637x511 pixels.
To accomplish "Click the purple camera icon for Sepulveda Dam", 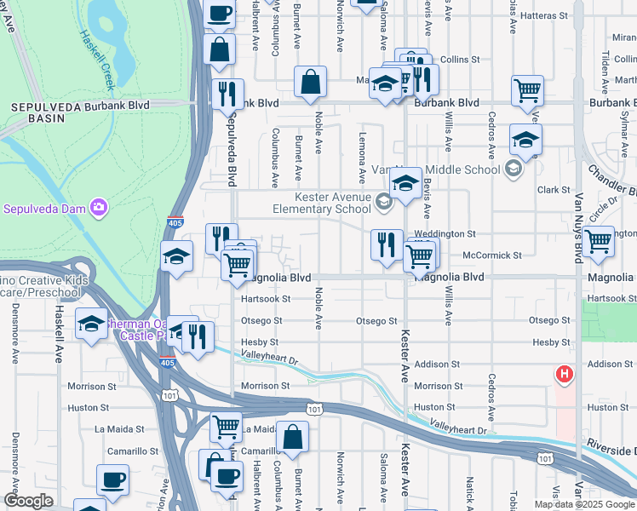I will [100, 208].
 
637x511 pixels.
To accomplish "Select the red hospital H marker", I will [563, 373].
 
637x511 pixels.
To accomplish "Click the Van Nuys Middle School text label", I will [460, 169].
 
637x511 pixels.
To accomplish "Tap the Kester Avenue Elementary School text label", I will [322, 203].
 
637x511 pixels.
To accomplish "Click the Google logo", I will [28, 501].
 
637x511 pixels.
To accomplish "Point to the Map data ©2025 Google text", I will [584, 504].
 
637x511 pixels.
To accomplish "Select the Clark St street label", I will [553, 190].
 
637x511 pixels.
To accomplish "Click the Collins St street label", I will [462, 60].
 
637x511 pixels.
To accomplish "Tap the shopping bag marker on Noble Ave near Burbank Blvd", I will [311, 83].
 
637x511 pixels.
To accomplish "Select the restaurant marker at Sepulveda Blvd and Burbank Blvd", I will [227, 94].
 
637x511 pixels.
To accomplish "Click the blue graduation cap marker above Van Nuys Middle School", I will [525, 140].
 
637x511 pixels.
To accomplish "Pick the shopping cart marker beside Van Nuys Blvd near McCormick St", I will [599, 241].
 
